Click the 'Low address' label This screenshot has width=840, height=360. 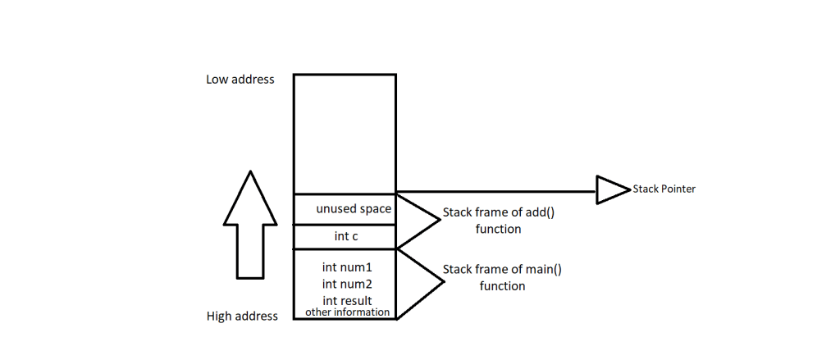[x=240, y=80]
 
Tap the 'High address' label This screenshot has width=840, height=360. [x=242, y=316]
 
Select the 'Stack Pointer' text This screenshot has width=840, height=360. [x=664, y=189]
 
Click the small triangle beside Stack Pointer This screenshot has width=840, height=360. [x=609, y=190]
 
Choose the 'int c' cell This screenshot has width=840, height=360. [x=346, y=237]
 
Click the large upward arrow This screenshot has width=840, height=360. [x=249, y=226]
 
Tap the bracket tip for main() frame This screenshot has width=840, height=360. [x=444, y=282]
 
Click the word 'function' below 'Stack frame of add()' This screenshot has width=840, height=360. [x=498, y=230]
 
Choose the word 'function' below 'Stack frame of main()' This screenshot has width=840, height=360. [x=502, y=286]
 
